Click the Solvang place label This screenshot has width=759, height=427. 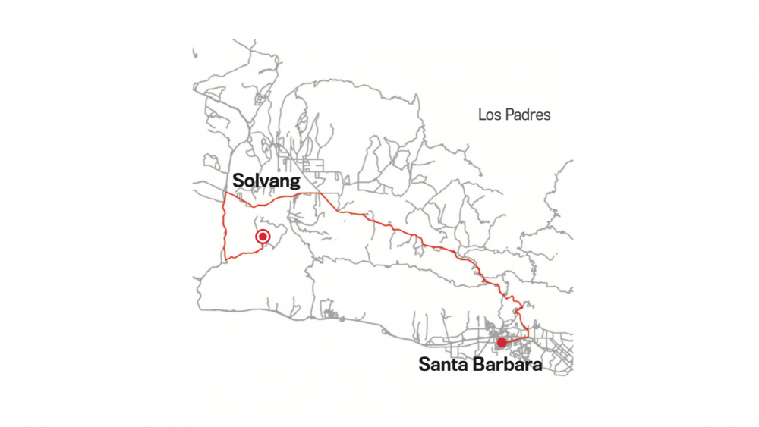click(x=266, y=181)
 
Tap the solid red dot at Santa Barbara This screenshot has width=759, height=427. click(x=502, y=343)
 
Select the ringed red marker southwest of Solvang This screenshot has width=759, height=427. click(x=263, y=237)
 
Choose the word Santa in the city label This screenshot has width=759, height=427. click(x=442, y=365)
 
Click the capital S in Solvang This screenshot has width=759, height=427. click(x=238, y=181)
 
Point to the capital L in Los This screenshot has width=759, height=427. click(x=481, y=115)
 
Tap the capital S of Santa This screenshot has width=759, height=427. click(x=424, y=365)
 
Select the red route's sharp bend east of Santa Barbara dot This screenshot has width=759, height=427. click(x=528, y=334)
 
